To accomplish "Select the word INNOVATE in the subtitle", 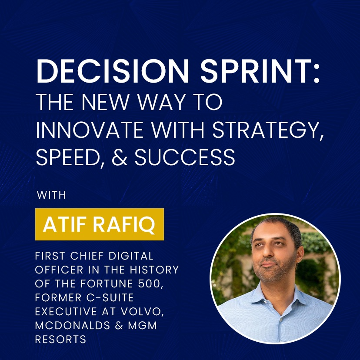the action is click(90, 130).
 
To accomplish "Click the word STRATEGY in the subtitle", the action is click(267, 130).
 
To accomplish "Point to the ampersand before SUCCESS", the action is click(120, 157).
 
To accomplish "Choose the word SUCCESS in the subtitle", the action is click(185, 157).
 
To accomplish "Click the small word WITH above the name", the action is click(51, 195).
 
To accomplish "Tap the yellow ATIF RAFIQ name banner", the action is click(100, 224).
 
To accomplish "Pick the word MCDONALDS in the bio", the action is click(73, 326).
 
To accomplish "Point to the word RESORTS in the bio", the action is click(60, 339).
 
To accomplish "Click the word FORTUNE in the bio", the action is click(107, 284).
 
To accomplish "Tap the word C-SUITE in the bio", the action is click(110, 298).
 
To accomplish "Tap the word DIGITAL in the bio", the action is click(131, 256).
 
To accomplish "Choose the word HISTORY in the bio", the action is click(154, 270).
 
